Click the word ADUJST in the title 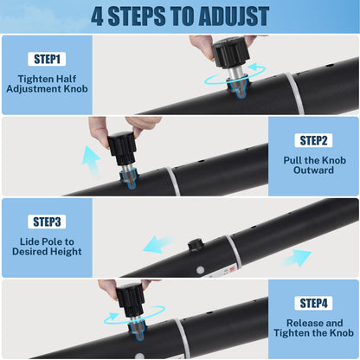click(x=234, y=16)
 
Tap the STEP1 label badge click(x=47, y=59)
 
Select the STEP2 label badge click(x=313, y=140)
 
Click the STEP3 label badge click(x=47, y=222)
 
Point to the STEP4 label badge click(x=313, y=303)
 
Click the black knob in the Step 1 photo click(x=230, y=52)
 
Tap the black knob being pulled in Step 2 click(x=122, y=148)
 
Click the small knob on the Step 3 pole click(x=195, y=245)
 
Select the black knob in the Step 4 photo click(x=130, y=300)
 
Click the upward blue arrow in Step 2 click(x=91, y=162)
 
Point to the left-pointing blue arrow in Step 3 click(x=158, y=244)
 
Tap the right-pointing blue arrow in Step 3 click(x=297, y=258)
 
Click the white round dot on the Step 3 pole click(x=200, y=270)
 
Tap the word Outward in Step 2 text click(x=313, y=170)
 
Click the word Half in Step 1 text click(x=66, y=79)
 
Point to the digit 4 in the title click(x=97, y=16)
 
